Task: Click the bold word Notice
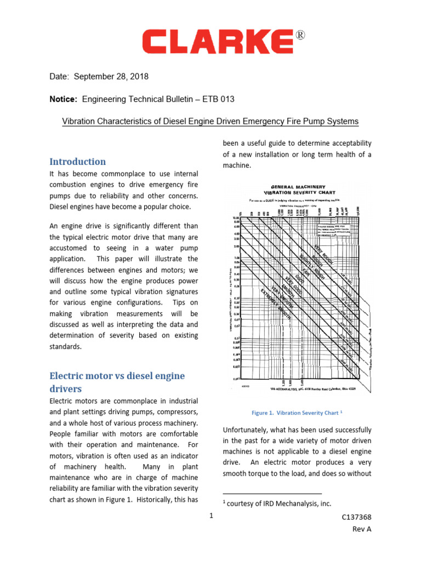[x=64, y=99]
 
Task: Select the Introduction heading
[x=77, y=162]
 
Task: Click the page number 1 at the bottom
[x=210, y=516]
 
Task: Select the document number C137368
[x=356, y=518]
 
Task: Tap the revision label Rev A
[x=361, y=529]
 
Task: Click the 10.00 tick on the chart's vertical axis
[x=235, y=217]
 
